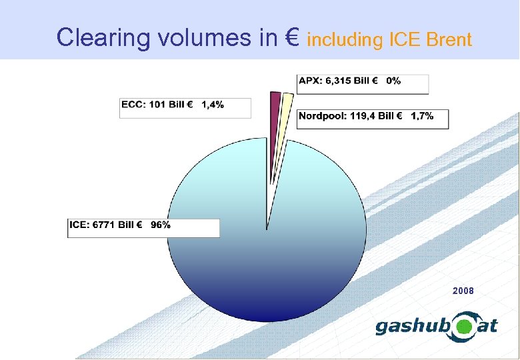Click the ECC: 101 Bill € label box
(x=185, y=107)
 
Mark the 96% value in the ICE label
(x=161, y=225)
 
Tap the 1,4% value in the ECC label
(x=213, y=105)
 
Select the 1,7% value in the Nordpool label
(x=422, y=116)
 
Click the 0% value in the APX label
(x=393, y=81)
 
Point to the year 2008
(x=463, y=291)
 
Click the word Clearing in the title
(x=105, y=38)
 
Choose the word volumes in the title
(x=205, y=38)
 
